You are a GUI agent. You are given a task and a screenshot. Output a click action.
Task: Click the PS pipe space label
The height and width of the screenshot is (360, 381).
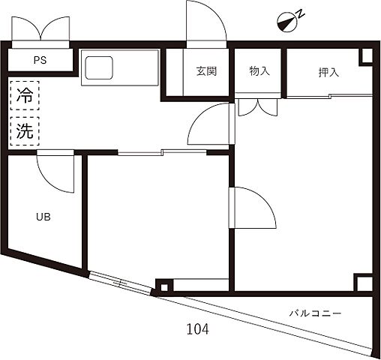click(x=39, y=61)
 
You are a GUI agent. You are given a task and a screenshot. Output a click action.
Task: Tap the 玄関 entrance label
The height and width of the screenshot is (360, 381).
click(x=206, y=72)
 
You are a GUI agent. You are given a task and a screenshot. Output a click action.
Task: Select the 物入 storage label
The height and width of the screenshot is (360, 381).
click(x=259, y=72)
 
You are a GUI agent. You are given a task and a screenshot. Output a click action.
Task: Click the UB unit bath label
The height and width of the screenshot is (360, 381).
click(x=43, y=217)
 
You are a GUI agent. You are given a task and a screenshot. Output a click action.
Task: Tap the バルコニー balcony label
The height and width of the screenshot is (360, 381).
click(x=316, y=313)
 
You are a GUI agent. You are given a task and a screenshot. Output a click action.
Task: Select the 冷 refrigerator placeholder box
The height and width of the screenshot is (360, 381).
click(x=25, y=95)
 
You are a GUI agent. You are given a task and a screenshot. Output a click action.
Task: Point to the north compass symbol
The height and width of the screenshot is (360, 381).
click(x=286, y=22)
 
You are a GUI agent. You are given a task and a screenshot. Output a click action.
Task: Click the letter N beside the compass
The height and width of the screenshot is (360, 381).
click(x=298, y=13)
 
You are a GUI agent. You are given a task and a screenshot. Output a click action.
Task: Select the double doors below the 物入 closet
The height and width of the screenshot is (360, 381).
click(x=258, y=106)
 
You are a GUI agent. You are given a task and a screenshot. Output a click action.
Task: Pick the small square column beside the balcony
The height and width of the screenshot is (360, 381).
click(x=163, y=286)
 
